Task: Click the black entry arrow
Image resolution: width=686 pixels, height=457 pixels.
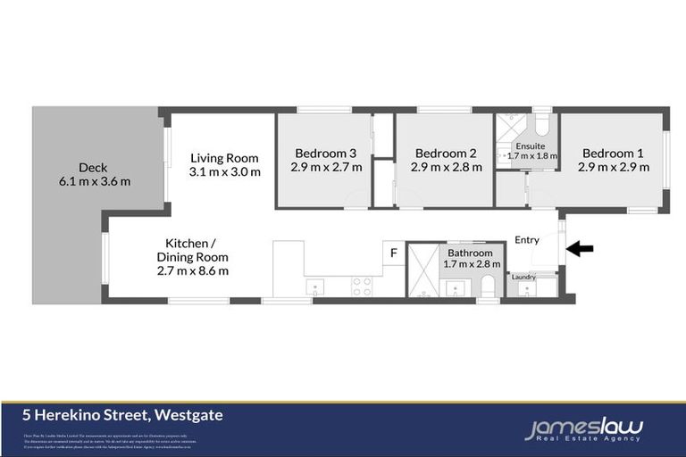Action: (580, 249)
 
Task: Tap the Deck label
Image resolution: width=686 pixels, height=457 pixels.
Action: (93, 167)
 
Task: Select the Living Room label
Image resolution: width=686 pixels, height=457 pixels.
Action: (224, 159)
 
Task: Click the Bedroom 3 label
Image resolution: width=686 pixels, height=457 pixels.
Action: (326, 153)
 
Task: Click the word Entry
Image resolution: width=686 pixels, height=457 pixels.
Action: (527, 239)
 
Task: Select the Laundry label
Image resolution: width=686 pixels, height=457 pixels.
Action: (523, 277)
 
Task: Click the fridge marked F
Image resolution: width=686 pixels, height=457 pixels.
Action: (393, 253)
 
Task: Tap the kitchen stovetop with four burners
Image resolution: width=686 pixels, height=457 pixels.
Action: (362, 286)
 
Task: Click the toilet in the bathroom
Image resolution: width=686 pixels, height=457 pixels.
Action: (488, 287)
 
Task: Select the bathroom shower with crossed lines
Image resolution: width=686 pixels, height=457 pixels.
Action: (421, 270)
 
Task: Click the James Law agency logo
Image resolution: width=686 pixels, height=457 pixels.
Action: (582, 430)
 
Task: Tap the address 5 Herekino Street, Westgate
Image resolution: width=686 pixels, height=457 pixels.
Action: (123, 414)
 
